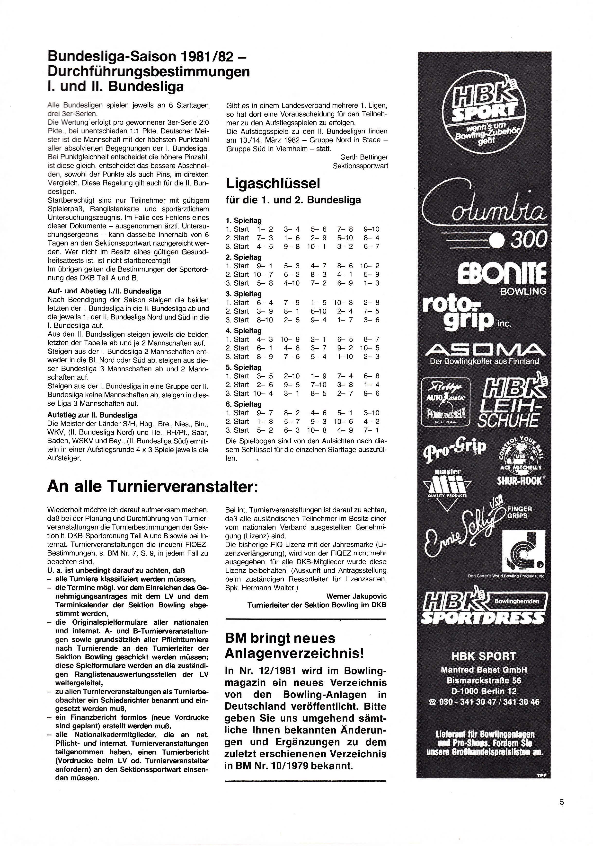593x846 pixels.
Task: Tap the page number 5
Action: click(x=562, y=802)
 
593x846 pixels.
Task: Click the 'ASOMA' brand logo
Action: click(x=484, y=349)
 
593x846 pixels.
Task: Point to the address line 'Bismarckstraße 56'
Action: click(x=484, y=680)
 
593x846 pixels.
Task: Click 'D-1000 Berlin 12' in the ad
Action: click(x=484, y=691)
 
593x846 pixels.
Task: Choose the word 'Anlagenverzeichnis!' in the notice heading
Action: click(x=294, y=653)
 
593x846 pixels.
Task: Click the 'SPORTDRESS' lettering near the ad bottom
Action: click(x=483, y=617)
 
